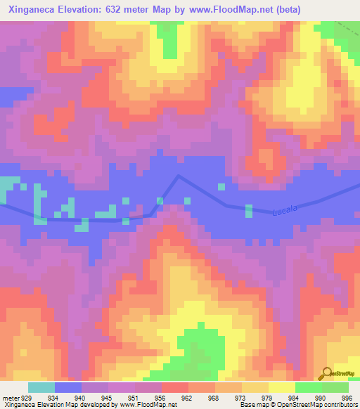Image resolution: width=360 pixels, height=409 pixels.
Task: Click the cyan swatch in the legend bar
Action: pos(41,388)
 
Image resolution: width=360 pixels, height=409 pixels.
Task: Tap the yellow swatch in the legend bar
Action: pos(282,388)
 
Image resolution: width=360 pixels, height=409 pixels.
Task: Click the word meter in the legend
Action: pos(11,398)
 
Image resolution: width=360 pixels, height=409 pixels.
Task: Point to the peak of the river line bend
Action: pos(179,176)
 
